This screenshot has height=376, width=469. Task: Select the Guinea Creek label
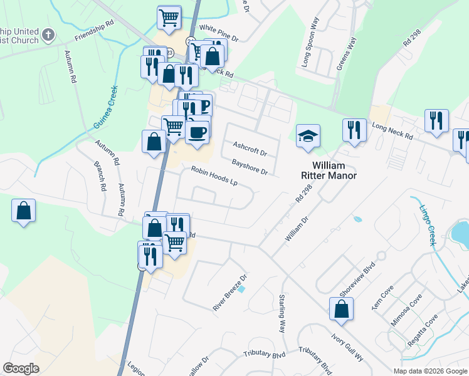105,108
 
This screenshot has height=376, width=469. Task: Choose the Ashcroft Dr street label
250,149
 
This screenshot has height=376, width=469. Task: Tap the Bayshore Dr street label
250,166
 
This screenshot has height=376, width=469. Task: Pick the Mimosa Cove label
407,309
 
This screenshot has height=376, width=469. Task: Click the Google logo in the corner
21,368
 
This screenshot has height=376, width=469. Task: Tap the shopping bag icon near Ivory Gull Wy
341,309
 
